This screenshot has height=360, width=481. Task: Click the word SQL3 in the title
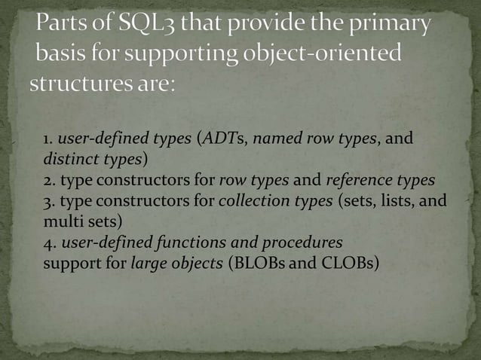tap(146, 26)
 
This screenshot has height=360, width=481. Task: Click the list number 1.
tap(47, 139)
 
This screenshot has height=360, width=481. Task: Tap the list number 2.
tap(47, 181)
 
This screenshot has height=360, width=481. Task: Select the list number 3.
tap(47, 201)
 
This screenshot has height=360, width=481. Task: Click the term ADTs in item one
tap(223, 139)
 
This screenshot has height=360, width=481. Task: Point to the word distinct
tap(65, 160)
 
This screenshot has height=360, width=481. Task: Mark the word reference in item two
tap(359, 181)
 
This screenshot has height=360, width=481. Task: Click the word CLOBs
tap(348, 264)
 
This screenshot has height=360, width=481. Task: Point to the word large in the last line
tap(148, 264)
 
